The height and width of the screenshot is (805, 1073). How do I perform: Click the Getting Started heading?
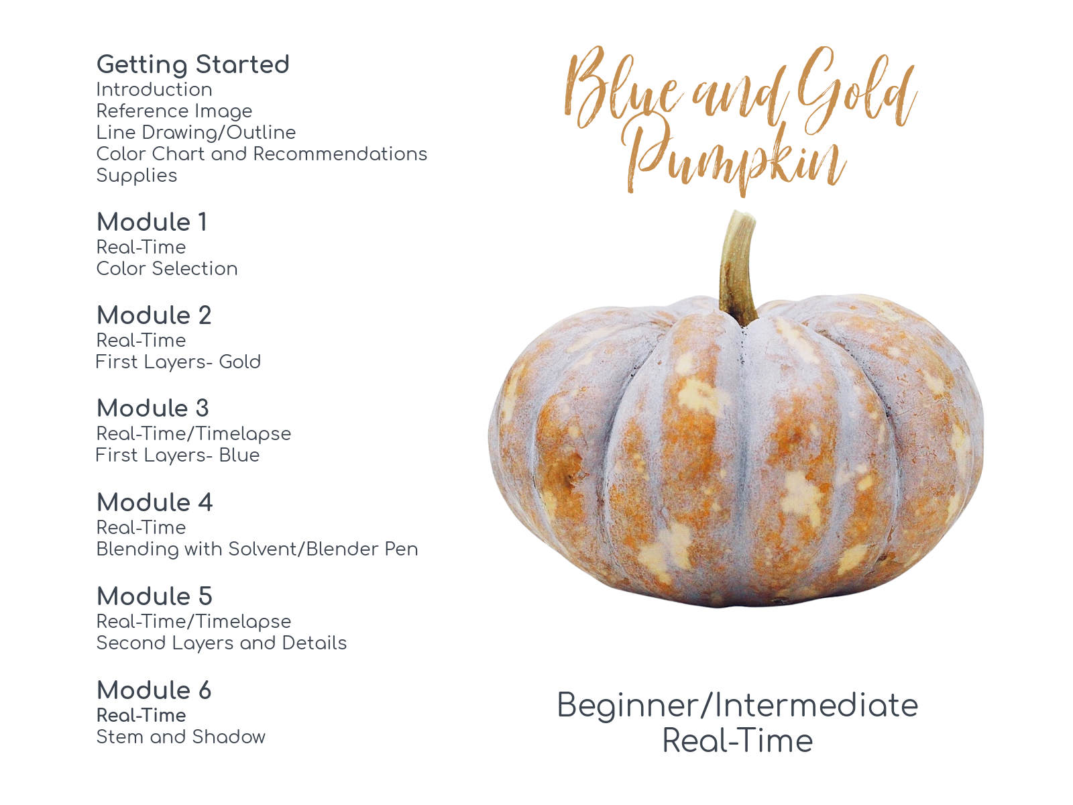[192, 64]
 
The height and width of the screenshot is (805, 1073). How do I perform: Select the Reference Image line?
[174, 111]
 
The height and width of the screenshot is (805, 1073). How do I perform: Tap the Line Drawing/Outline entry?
[196, 132]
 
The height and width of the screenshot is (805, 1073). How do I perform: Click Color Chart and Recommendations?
[262, 154]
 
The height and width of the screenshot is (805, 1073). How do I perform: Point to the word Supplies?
[137, 175]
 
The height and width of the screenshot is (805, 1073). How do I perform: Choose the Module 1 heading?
[152, 222]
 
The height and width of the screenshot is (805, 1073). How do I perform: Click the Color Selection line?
[167, 268]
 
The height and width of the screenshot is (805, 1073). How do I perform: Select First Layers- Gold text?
[178, 362]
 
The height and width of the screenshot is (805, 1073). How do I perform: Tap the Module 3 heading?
[153, 408]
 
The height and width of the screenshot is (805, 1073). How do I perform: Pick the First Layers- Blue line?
[178, 455]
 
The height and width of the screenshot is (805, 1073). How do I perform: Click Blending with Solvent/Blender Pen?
[257, 549]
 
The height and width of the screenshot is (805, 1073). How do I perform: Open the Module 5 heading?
[154, 596]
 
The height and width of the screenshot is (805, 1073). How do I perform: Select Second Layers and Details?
[221, 643]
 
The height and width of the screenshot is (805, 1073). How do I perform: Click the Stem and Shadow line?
[180, 737]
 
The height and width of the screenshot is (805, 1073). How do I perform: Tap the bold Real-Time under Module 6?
[141, 715]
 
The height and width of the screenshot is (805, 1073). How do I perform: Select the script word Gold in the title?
[855, 91]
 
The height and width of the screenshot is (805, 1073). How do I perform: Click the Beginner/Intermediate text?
[737, 705]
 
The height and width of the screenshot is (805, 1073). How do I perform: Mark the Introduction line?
[154, 89]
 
